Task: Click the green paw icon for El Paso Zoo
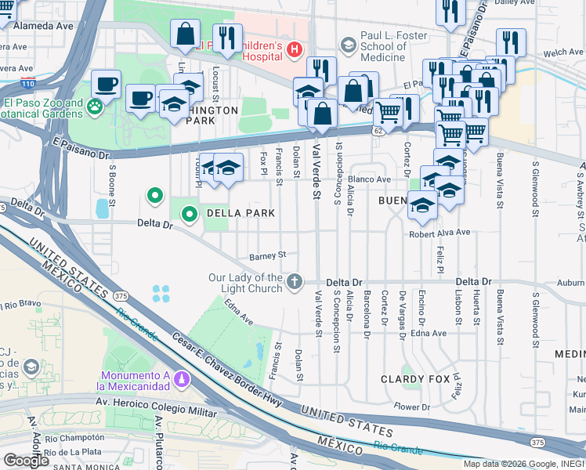95,107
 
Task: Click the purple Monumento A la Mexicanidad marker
182,380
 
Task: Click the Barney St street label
269,255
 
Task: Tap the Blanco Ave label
370,179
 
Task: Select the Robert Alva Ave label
439,233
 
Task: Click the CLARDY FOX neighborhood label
415,379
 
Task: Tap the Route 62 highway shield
378,132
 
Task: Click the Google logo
26,461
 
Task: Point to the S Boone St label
113,182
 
